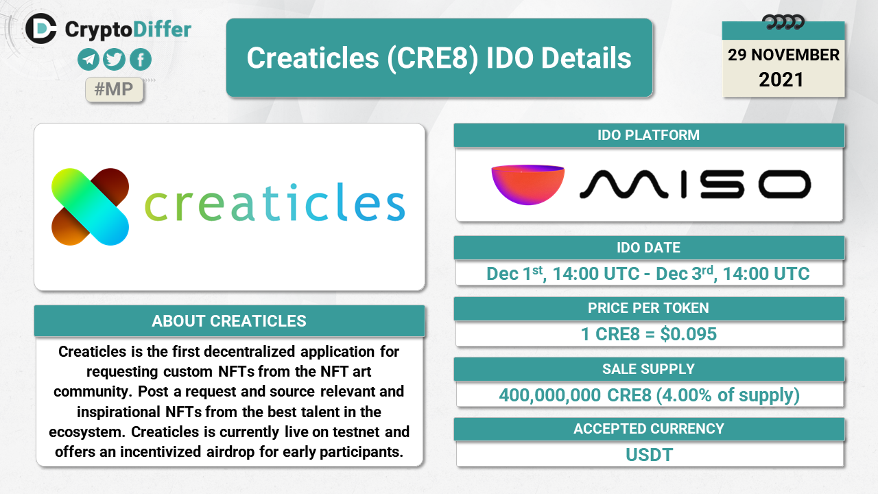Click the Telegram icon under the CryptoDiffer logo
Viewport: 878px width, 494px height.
point(88,60)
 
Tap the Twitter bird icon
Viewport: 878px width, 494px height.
point(114,60)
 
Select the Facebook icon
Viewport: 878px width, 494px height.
point(141,60)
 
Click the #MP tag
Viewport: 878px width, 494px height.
point(114,89)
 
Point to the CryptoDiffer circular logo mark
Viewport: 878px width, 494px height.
point(41,28)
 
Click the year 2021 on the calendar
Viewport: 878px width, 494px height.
point(781,80)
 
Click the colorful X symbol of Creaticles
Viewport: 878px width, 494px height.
point(90,207)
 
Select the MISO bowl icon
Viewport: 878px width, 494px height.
point(528,185)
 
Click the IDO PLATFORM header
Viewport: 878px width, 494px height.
point(649,135)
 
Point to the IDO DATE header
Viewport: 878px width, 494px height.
point(649,248)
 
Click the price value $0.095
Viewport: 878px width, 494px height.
point(688,334)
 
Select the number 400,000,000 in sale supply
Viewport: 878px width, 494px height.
point(549,395)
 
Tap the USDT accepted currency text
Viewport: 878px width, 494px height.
point(649,455)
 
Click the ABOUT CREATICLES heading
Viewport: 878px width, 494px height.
point(229,321)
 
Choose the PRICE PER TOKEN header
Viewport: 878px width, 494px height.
point(649,308)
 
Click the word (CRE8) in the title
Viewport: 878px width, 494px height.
point(433,58)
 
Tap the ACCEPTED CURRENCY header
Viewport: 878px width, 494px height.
point(649,429)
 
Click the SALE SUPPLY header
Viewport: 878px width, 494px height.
point(649,369)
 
